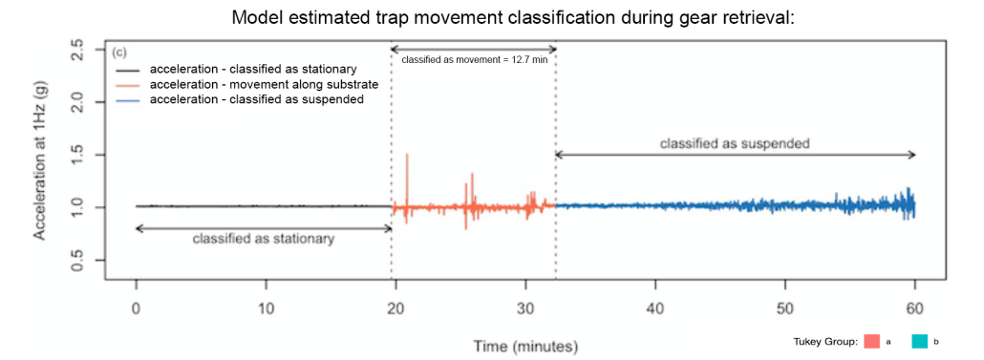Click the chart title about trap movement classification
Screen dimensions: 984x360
[x=513, y=17]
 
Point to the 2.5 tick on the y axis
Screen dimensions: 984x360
[x=78, y=50]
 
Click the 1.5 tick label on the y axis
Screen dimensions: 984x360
[x=78, y=155]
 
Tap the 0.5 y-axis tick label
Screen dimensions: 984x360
[x=78, y=261]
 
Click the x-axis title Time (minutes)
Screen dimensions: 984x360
[x=525, y=346]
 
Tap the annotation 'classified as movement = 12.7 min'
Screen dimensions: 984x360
[x=473, y=60]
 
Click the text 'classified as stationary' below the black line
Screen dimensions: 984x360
[x=264, y=239]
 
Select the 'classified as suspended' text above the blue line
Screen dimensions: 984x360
[x=735, y=143]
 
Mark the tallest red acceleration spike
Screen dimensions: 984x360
[x=407, y=155]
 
